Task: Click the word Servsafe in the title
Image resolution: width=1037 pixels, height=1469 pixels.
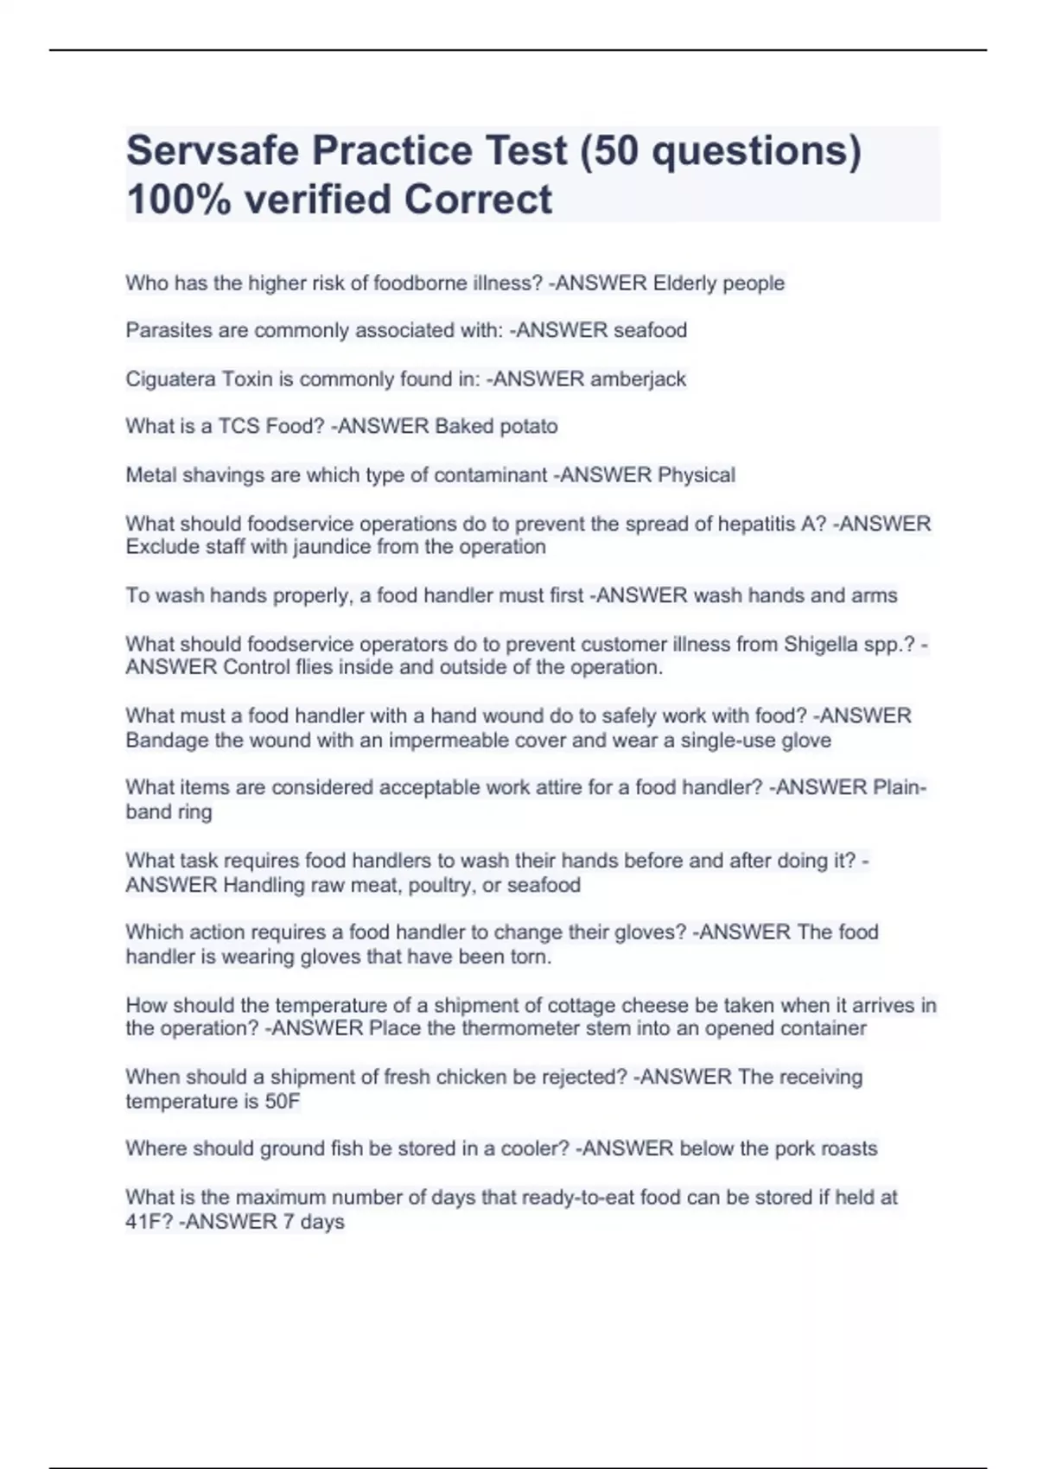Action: [212, 150]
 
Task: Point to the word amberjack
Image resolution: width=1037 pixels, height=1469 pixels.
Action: [638, 378]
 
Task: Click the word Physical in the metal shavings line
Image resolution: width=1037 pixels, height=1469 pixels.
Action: [697, 474]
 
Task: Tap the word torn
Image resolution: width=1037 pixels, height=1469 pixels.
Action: [531, 957]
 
